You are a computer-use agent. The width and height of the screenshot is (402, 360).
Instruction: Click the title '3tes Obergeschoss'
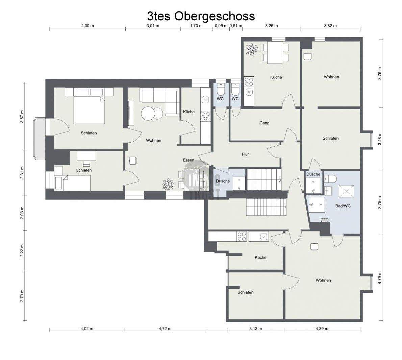pos(201,16)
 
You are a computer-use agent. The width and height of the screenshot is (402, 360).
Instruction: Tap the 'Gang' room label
pos(264,123)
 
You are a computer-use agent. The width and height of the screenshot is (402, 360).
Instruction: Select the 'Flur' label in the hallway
pos(245,154)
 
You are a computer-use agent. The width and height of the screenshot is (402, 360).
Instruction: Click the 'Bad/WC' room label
pos(343,206)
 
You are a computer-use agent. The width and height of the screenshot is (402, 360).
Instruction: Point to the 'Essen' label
pos(189,160)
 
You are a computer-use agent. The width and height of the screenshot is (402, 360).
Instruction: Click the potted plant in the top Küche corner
pos(251,50)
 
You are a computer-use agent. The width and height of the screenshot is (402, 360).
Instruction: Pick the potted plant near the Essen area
pos(168,184)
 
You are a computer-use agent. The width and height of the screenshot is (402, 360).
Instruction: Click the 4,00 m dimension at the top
pos(87,26)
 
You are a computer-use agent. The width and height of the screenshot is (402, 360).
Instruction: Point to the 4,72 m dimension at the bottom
pos(165,329)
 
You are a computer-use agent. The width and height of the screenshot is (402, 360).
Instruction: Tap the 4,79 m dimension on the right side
pos(380,277)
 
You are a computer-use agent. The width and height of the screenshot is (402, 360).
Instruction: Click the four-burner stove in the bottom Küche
pos(242,236)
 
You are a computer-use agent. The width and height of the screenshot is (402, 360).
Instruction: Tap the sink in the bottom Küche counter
pos(263,237)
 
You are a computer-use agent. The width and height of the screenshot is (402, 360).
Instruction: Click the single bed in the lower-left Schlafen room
pos(73,183)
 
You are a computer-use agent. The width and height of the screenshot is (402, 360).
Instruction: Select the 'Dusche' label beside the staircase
pos(223,181)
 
